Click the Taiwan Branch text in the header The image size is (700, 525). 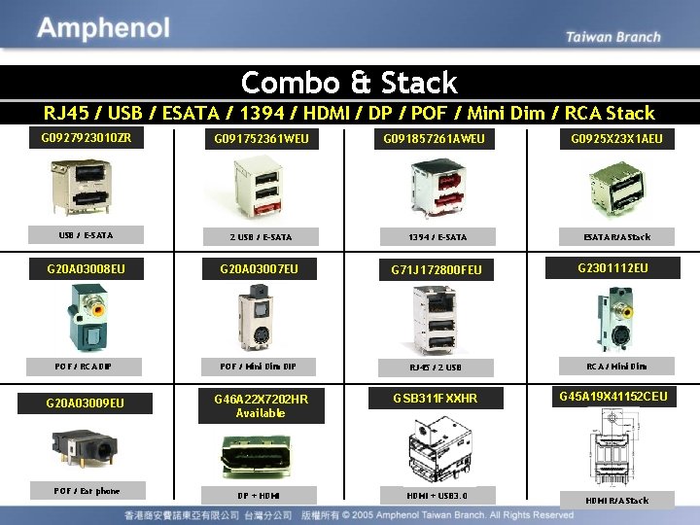(612, 37)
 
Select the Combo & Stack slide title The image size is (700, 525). (349, 82)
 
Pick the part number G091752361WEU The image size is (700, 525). (262, 139)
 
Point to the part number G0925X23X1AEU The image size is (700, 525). (616, 139)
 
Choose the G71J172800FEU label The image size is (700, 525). (437, 268)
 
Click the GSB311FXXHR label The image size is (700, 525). (436, 399)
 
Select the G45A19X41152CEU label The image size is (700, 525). (612, 396)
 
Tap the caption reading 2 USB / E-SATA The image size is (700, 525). (261, 236)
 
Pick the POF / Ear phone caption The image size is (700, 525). (87, 491)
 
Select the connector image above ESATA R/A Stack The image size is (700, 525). (616, 190)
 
